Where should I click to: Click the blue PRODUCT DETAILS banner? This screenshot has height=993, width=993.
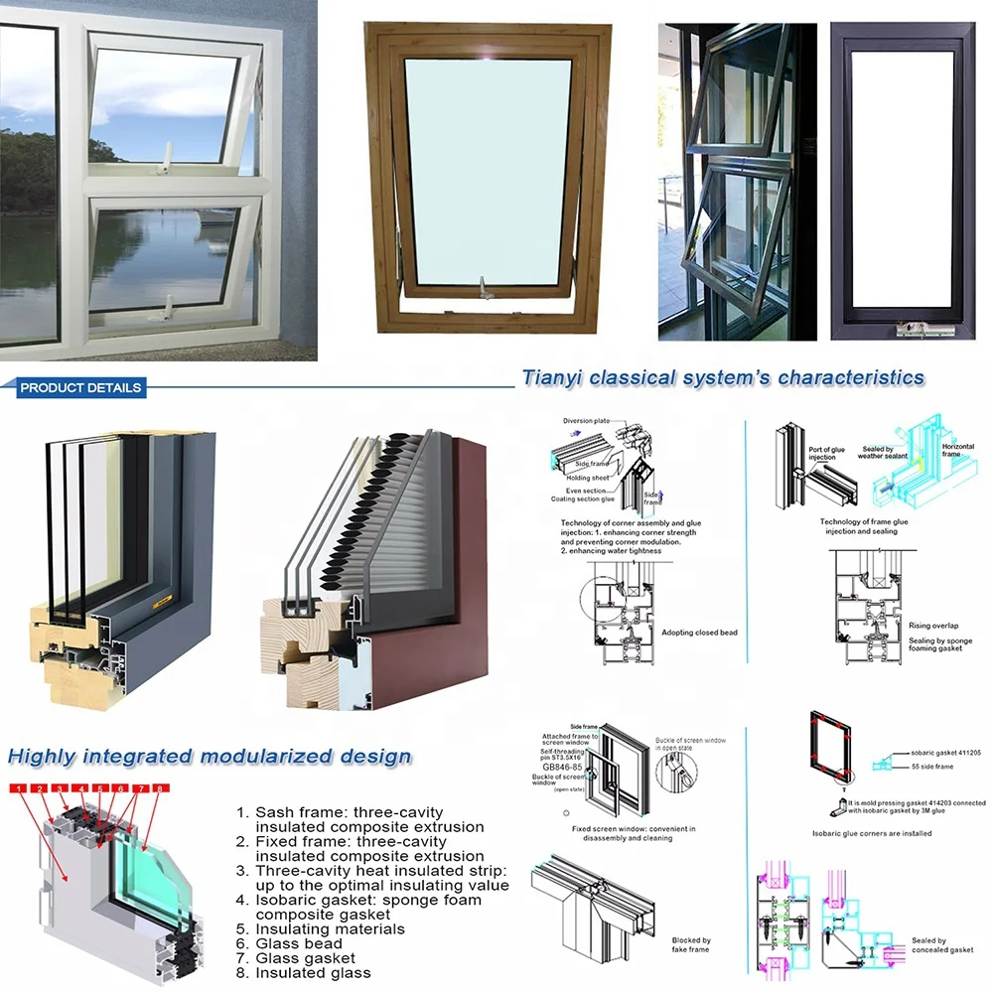coord(80,387)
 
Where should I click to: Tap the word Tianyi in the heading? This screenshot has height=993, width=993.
coord(553,377)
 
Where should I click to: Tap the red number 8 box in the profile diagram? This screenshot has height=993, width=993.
coord(157,788)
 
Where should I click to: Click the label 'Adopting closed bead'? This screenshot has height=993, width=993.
coord(699,633)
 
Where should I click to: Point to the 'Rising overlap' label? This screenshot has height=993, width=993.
coord(932,626)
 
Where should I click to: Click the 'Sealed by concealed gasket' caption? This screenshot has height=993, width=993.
coord(941,945)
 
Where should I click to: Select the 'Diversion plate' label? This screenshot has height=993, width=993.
coord(586,421)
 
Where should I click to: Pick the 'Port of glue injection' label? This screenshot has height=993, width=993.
coord(826,454)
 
